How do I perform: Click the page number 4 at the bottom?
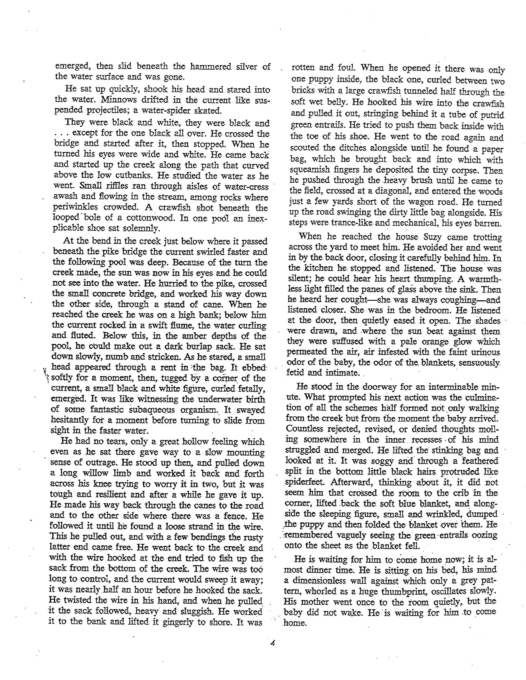[273, 642]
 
